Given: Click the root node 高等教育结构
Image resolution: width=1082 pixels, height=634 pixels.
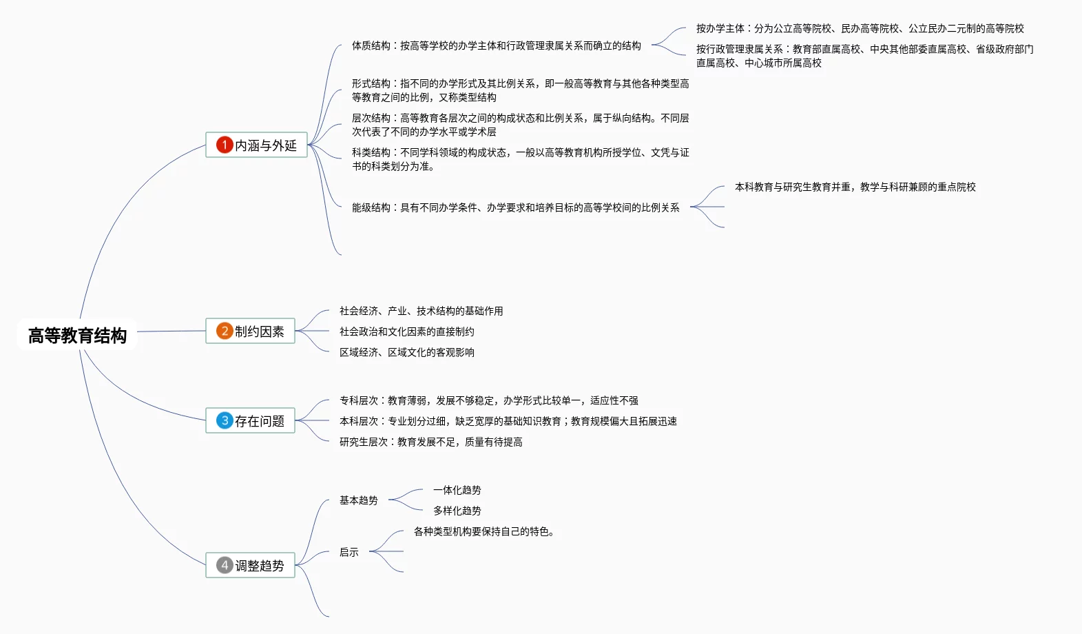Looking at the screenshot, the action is coord(77,336).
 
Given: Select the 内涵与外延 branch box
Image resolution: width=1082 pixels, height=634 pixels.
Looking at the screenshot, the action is coord(256,145).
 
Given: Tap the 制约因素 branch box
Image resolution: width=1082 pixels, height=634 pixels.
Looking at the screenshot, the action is coord(251,331).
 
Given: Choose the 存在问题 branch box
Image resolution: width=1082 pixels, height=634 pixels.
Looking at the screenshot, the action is coord(251,420).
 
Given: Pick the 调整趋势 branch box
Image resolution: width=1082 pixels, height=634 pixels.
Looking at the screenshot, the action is coord(251,565).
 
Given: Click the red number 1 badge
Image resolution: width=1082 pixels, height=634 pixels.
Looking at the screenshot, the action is coord(225,145).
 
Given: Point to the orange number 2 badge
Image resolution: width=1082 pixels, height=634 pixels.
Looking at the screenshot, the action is coord(225,331).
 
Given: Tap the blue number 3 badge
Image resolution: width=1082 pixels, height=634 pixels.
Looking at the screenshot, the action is coord(225,420).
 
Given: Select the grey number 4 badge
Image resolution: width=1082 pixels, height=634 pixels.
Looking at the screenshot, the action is coord(225,565).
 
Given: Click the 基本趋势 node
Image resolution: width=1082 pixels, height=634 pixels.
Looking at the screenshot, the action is coord(359,500).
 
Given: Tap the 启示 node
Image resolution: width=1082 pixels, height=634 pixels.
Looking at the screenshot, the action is coord(349,552).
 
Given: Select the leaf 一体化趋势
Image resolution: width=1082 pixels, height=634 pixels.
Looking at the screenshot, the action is coord(457,490).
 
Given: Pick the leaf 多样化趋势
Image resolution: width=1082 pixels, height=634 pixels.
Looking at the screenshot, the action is coord(457,511).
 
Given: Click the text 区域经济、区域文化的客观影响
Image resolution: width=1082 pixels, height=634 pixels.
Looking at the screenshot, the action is coord(407,352).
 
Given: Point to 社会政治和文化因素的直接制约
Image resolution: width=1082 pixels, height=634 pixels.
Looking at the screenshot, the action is coord(407,331).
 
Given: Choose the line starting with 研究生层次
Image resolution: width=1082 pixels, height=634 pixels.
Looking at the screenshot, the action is coord(431,442).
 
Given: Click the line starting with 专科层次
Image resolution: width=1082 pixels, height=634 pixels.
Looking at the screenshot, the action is coord(489,400).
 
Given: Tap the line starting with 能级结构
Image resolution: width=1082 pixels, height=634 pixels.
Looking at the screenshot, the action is coord(516,207).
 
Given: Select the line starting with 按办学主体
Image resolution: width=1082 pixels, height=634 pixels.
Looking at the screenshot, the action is coord(860,28).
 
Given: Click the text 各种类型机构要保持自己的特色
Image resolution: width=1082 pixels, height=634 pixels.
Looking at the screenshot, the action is coord(484,531).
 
